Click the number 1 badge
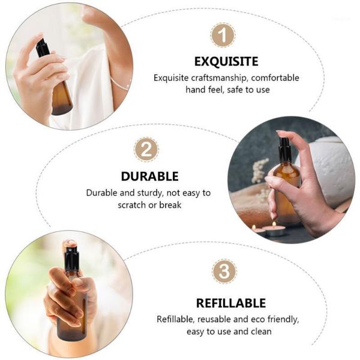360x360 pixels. tap(223, 35)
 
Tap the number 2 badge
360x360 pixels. tap(146, 149)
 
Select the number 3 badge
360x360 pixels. tap(223, 271)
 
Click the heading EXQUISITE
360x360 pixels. tap(226, 61)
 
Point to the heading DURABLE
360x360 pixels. tap(149, 176)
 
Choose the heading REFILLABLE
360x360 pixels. tap(230, 303)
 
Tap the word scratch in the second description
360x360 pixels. tap(132, 205)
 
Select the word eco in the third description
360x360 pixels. tap(255, 319)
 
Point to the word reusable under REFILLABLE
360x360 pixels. tap(218, 319)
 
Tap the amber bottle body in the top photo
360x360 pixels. tap(60, 96)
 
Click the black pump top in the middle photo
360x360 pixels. tap(286, 149)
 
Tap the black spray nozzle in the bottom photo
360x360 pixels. tap(71, 258)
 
